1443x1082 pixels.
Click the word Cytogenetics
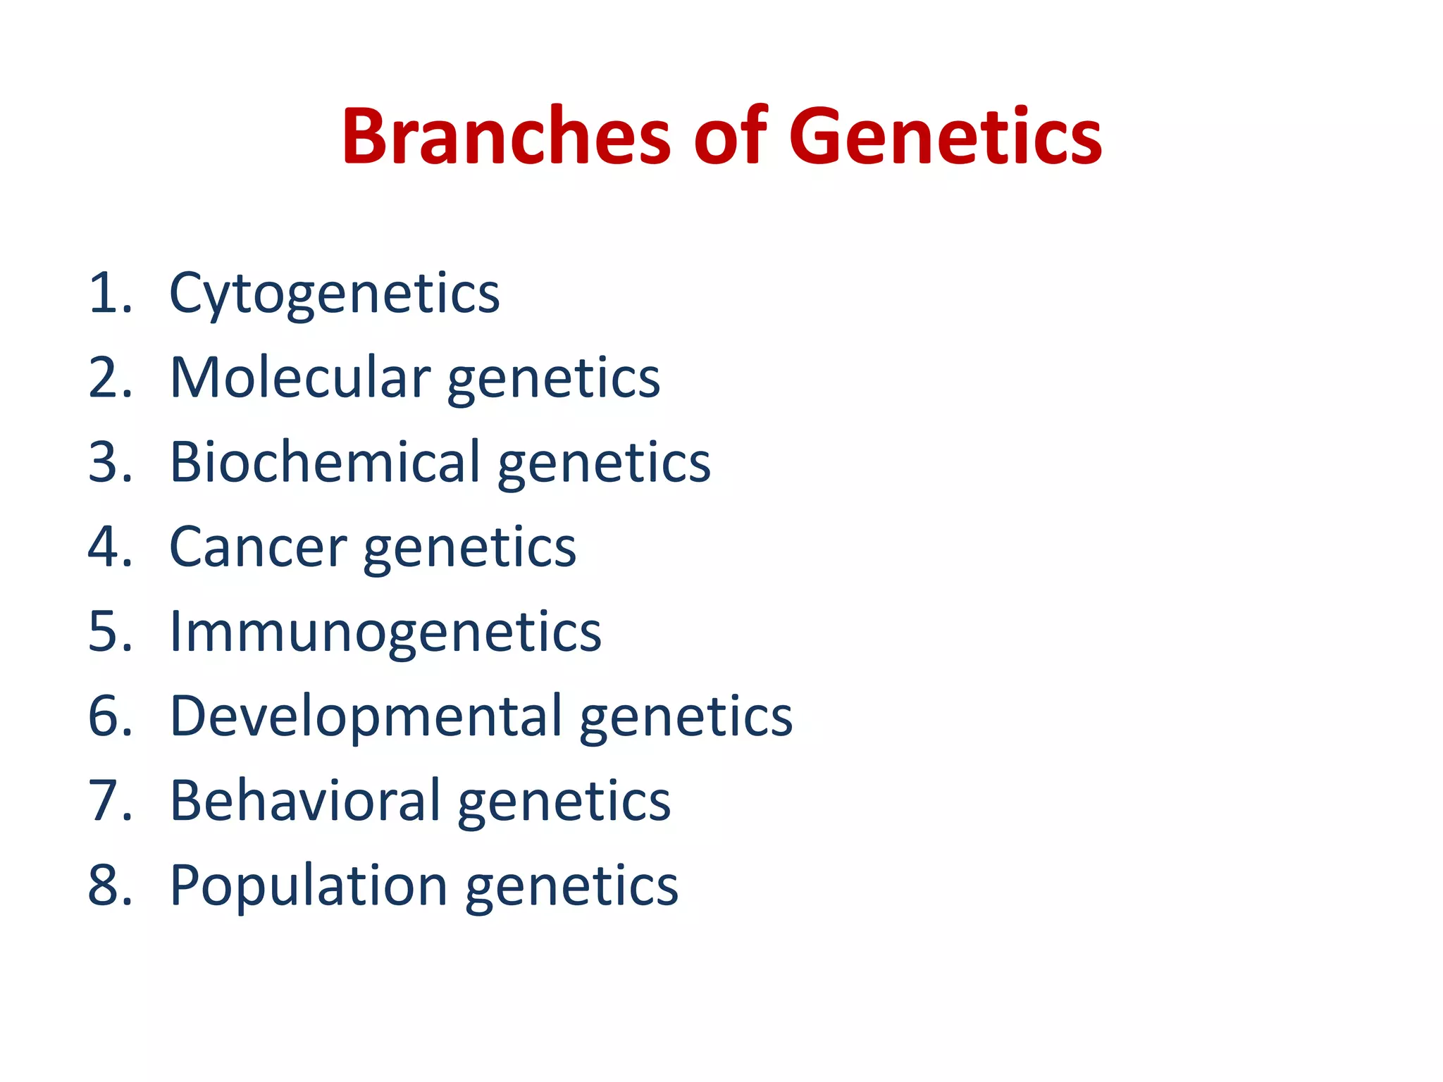(335, 294)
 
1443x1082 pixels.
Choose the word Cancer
(258, 547)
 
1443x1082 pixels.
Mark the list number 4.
(109, 547)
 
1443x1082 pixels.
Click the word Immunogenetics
(385, 632)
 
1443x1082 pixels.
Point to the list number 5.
(109, 632)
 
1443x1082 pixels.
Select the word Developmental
(366, 716)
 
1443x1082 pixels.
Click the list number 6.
(109, 716)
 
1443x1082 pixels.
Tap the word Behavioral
(305, 801)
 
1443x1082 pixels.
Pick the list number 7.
(109, 801)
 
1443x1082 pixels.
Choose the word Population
(309, 886)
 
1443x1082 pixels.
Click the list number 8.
(109, 885)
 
